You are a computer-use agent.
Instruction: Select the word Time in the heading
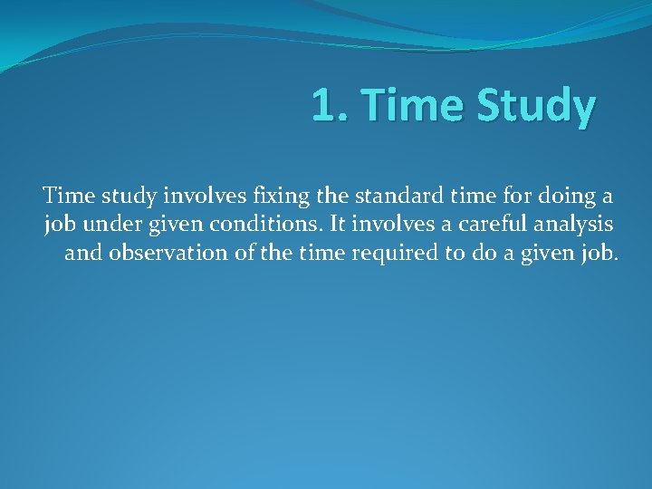[401, 107]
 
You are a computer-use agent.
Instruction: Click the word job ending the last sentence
[599, 254]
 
